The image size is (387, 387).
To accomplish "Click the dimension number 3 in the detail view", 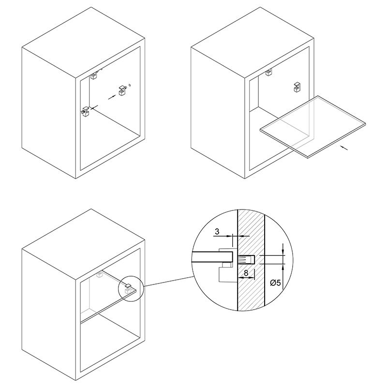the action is tap(217, 232).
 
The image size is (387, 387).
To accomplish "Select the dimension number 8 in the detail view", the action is tap(246, 273).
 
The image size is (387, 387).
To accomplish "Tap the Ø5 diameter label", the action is tap(275, 283).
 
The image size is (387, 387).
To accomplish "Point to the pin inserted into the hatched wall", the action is tap(246, 260).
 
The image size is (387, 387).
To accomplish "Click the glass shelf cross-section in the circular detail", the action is tap(212, 257).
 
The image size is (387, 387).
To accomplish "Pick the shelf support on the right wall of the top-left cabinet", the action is tap(122, 90).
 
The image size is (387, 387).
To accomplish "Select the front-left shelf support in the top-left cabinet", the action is tap(86, 112).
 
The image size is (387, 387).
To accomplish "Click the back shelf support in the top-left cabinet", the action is tap(94, 75).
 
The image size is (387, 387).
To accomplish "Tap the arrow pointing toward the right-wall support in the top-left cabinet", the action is tap(112, 97).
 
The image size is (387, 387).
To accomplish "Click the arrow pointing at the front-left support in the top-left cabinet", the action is tap(94, 107).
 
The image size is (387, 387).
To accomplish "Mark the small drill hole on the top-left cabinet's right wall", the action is tap(130, 86).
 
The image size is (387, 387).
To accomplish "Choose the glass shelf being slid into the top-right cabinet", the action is tap(313, 127).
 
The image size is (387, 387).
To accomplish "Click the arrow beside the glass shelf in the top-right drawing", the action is tap(344, 148).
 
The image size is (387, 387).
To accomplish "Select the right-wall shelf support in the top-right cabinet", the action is tap(297, 88).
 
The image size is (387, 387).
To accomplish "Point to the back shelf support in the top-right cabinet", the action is tap(269, 72).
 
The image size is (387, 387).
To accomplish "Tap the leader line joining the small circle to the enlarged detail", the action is tap(168, 282).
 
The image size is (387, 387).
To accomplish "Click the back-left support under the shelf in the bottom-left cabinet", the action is tap(100, 274).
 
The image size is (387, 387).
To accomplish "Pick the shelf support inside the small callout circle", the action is tap(128, 288).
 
